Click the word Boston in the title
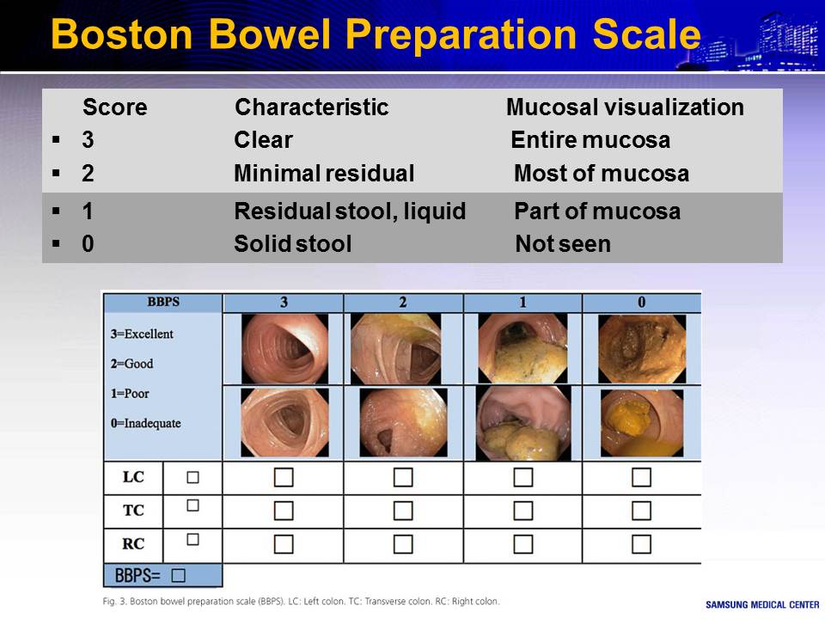coord(121,34)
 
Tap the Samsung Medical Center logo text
coord(762,604)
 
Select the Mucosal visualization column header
coord(625,107)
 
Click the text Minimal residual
coord(324,173)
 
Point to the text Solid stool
coord(292,243)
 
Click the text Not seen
coord(563,243)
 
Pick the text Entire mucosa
coord(590,140)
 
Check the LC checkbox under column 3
coord(284,477)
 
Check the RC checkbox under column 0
coord(641,544)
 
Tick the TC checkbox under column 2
coord(403,511)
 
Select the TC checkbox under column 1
coord(523,511)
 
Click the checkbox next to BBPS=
coord(179,575)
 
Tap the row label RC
coord(133,543)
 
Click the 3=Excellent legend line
coord(142,334)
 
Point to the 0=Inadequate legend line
coord(146,423)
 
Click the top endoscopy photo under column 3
coord(284,348)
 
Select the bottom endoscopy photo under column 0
coord(642,423)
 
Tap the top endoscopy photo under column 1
coord(523,348)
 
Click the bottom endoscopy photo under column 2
coord(404,423)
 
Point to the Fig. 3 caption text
coord(301,601)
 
